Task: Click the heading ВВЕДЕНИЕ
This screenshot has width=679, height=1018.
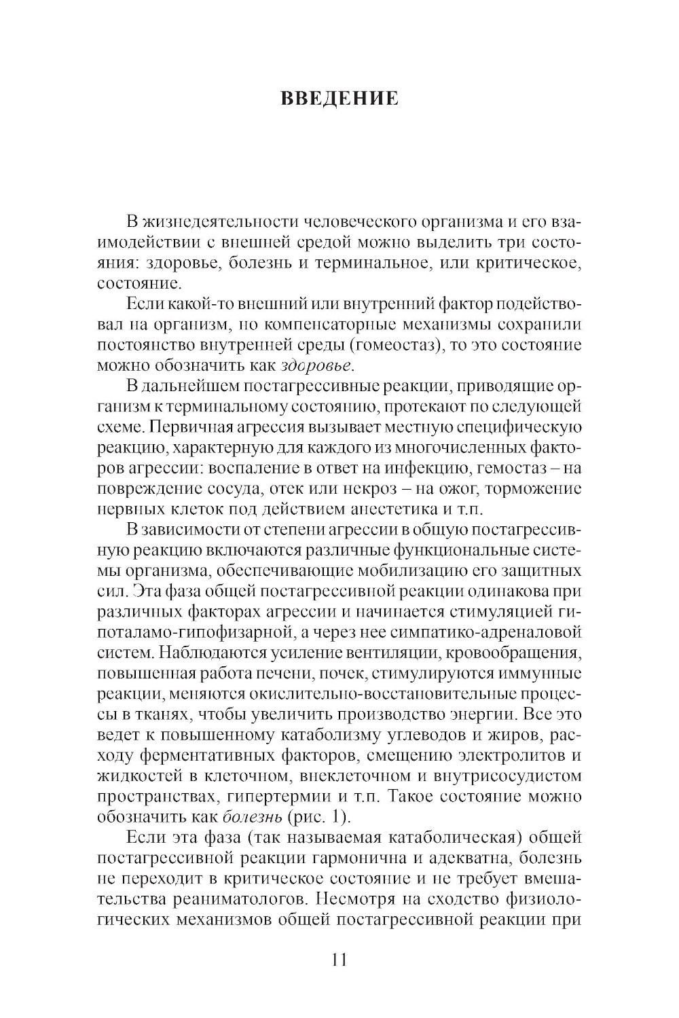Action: tap(339, 98)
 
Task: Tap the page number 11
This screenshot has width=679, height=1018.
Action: tap(339, 960)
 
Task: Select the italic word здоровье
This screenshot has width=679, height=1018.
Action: tap(316, 366)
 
